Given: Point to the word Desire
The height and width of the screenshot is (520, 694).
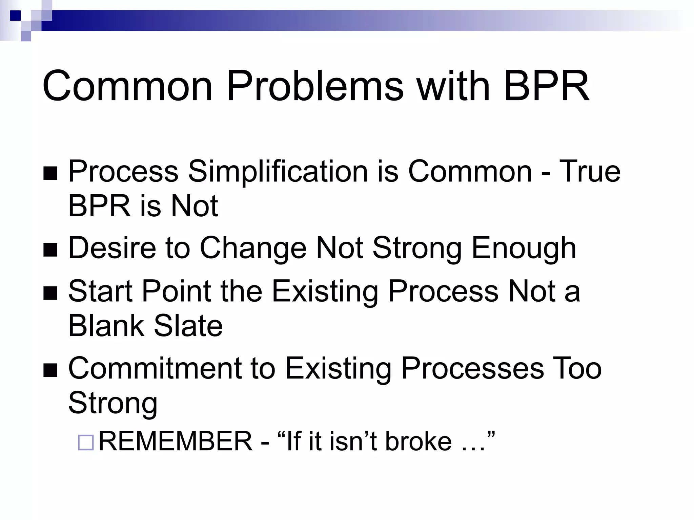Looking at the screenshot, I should pos(112,248).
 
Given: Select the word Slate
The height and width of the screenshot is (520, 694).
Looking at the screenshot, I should pos(188,326).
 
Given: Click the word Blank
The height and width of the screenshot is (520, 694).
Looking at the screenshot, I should pos(106,326).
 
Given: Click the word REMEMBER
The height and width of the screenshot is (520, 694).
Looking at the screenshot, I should pos(176,441).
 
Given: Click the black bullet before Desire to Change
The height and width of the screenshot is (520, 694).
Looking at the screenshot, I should pos(50,250).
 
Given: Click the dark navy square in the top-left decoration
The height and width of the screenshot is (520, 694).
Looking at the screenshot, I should pos(15,16).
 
